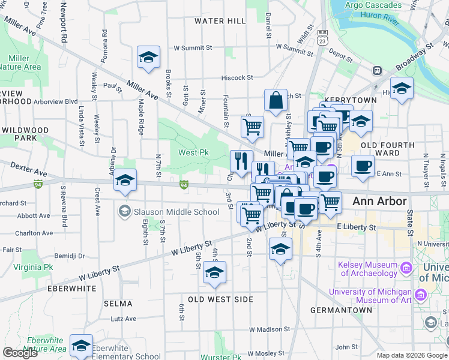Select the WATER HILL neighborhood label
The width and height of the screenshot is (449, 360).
coord(220,21)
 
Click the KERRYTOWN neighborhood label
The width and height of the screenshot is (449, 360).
coord(350,100)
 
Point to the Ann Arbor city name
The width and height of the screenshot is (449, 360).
coord(379,202)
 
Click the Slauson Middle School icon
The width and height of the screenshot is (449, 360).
coord(125,211)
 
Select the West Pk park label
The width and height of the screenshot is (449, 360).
coord(193,153)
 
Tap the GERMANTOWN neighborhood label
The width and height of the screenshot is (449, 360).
coord(341,310)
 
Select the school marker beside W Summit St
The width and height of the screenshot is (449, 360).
coord(148,58)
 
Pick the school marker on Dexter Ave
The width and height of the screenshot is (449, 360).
coord(125,180)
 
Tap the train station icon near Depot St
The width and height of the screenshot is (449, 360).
coord(378,70)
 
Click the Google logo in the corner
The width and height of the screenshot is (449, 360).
coord(20,353)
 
